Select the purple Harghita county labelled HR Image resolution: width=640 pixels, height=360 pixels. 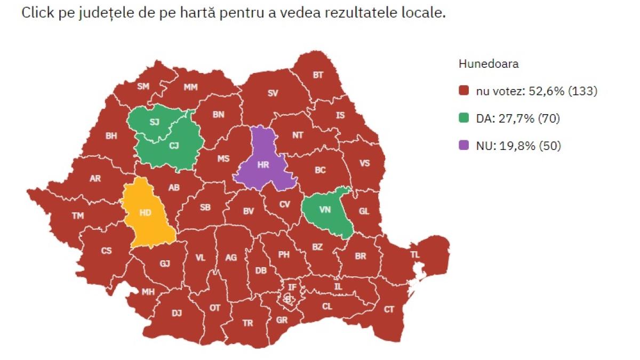[x=263, y=165]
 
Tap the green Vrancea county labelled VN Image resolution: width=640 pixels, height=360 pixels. [x=325, y=210]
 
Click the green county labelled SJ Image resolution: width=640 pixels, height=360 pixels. [x=154, y=122]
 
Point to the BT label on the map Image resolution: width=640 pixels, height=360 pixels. [x=318, y=75]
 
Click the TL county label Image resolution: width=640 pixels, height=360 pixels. [x=415, y=255]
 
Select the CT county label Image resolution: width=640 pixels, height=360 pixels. [x=389, y=309]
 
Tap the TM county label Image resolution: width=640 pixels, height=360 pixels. [x=78, y=216]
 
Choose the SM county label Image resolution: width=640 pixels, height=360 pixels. [x=143, y=86]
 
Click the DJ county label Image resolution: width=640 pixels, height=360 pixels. [x=177, y=314]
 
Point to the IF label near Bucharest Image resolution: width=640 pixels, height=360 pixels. [x=292, y=287]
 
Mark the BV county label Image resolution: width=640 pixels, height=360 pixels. [x=248, y=211]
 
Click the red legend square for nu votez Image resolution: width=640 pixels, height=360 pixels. [x=463, y=91]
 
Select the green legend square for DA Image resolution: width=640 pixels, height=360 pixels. [x=463, y=118]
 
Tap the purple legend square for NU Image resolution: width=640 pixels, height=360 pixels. [x=463, y=146]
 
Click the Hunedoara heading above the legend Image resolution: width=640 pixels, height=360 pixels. [x=489, y=64]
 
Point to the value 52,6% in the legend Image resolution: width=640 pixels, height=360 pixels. [x=546, y=91]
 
